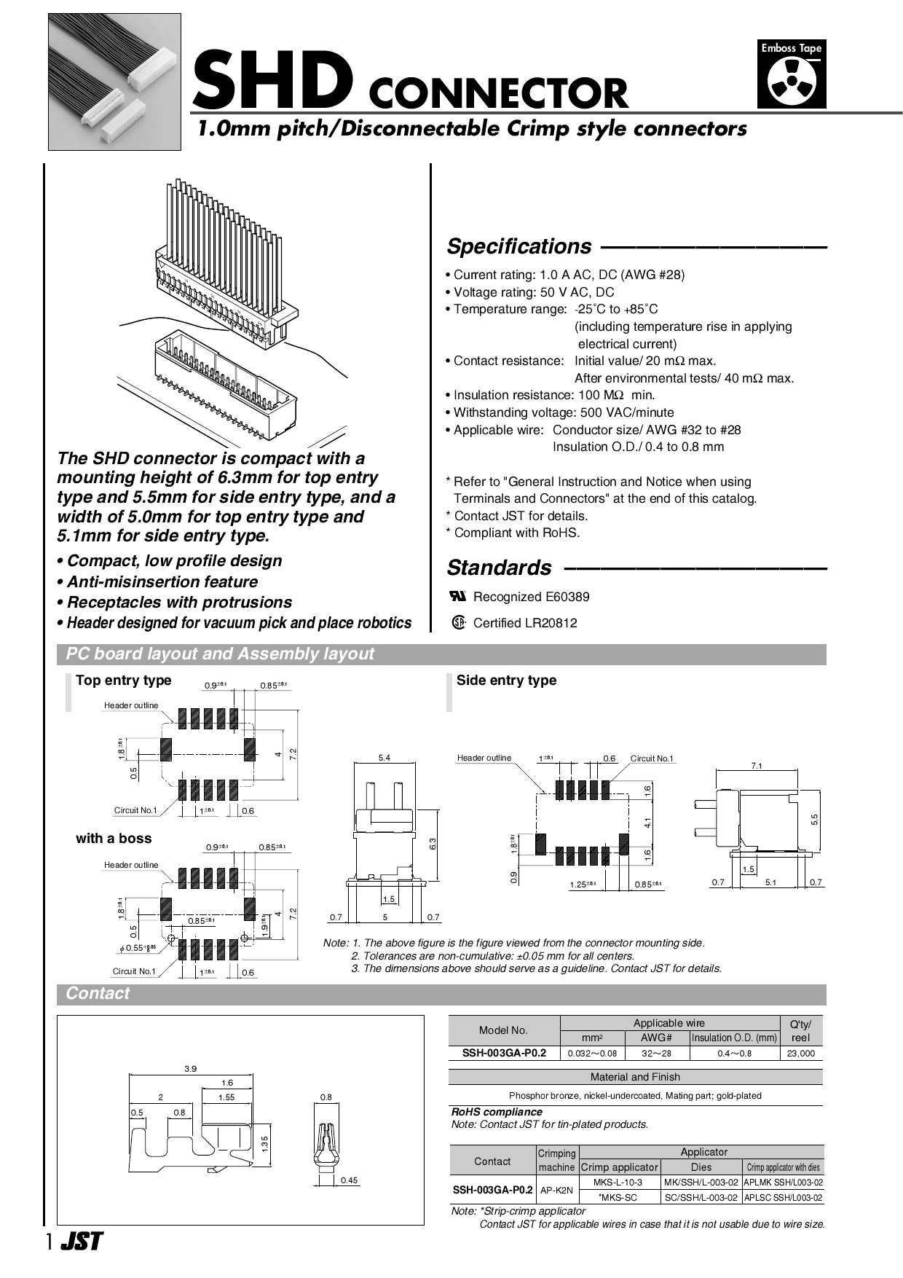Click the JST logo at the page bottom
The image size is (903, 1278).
pyautogui.click(x=82, y=1242)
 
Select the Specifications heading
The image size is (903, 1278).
pyautogui.click(x=519, y=246)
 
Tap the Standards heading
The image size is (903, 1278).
pyautogui.click(x=499, y=568)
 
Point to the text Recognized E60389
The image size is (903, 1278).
pyautogui.click(x=531, y=597)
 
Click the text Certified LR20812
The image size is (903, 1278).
pyautogui.click(x=524, y=623)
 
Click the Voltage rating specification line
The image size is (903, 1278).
pyautogui.click(x=529, y=292)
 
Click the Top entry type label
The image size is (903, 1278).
pyautogui.click(x=123, y=680)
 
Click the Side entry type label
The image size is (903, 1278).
pyautogui.click(x=506, y=680)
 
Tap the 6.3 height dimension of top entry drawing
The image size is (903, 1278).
pyautogui.click(x=433, y=844)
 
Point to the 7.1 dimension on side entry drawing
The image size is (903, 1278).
pyautogui.click(x=757, y=765)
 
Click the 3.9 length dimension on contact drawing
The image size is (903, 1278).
pyautogui.click(x=190, y=1068)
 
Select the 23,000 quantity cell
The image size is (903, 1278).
pyautogui.click(x=800, y=1053)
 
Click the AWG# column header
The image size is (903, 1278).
pyautogui.click(x=656, y=1038)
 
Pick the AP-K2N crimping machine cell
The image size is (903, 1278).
pyautogui.click(x=556, y=1190)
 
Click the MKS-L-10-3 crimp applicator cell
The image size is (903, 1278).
pyautogui.click(x=618, y=1182)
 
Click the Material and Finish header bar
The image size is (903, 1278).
pyautogui.click(x=635, y=1077)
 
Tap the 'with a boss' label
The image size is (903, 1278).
pyautogui.click(x=114, y=839)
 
